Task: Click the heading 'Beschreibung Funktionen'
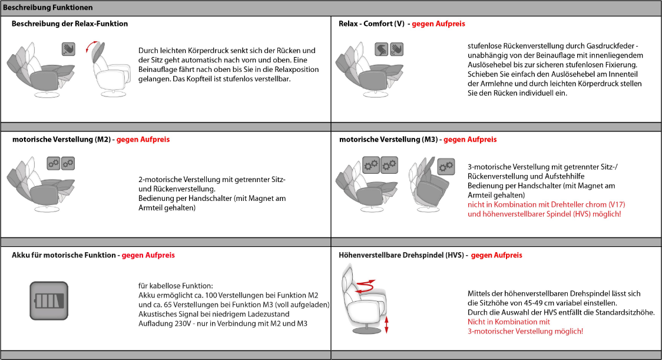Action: pos(48,8)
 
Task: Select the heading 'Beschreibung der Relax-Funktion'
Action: pos(69,24)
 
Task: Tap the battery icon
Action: pos(49,301)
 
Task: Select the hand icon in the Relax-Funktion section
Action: pos(68,49)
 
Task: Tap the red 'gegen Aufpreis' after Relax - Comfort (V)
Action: pos(438,24)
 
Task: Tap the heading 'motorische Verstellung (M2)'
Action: pos(61,140)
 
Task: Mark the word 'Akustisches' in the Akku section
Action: pos(159,314)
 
